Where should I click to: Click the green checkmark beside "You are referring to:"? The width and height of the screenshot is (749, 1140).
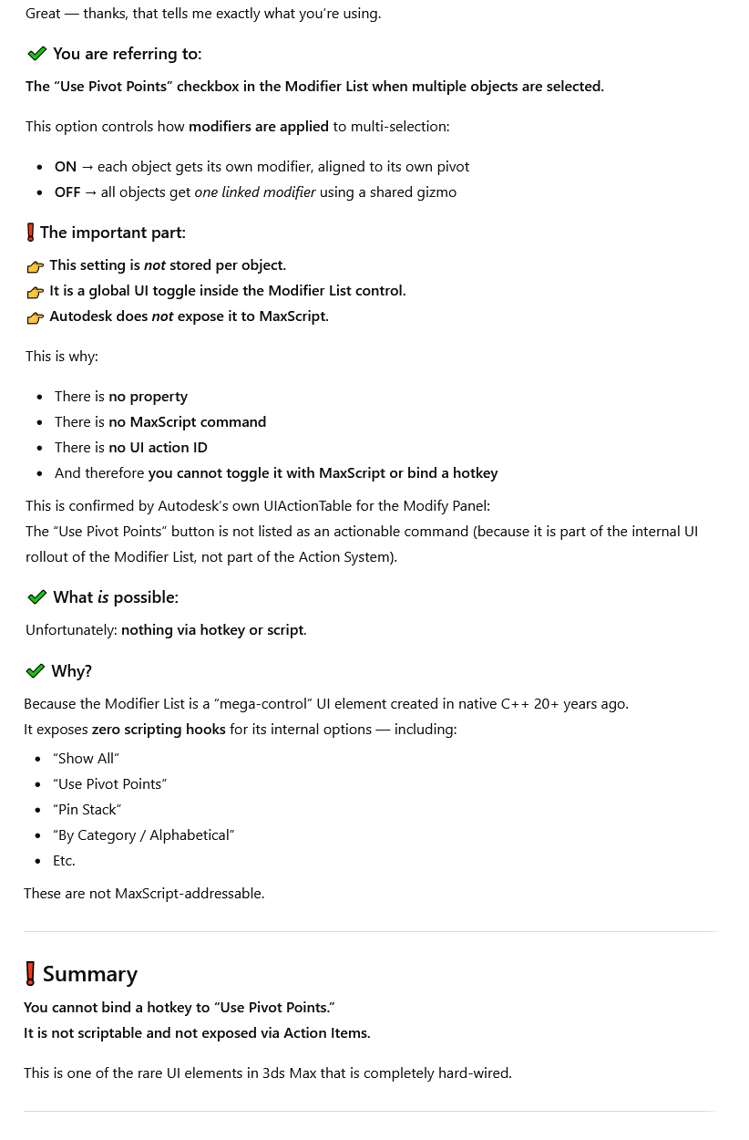tap(37, 54)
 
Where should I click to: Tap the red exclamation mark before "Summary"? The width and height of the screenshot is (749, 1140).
tap(31, 973)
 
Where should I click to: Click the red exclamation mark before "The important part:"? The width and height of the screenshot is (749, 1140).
tap(31, 233)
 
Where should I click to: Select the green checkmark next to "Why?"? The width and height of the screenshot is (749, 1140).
tap(36, 671)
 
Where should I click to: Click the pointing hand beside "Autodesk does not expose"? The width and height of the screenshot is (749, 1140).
tap(36, 317)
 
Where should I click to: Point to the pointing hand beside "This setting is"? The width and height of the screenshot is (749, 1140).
tap(36, 266)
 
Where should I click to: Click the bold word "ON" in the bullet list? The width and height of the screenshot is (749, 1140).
tap(66, 166)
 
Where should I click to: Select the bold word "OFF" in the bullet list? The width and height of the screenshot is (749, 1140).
tap(67, 192)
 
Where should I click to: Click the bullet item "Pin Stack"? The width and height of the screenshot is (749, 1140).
tap(87, 809)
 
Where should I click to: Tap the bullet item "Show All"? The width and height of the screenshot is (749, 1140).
tap(87, 758)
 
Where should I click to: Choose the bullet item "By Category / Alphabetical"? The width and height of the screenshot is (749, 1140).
tap(144, 834)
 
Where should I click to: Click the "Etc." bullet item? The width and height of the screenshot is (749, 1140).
tap(64, 860)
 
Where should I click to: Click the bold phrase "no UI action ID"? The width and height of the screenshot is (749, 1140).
tap(159, 447)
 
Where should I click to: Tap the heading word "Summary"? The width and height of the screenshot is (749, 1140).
tap(90, 973)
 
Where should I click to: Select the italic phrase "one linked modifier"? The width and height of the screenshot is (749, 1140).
tap(255, 192)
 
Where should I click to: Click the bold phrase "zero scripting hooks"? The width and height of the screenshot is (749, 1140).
tap(159, 729)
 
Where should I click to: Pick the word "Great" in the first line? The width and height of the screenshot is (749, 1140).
tap(43, 13)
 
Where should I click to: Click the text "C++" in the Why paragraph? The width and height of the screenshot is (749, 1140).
tap(515, 703)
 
